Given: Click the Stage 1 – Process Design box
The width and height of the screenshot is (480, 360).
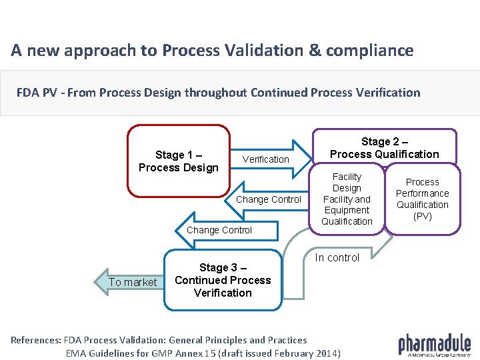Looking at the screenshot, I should pyautogui.click(x=178, y=161).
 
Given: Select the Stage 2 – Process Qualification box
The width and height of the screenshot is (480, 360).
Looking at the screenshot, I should pyautogui.click(x=385, y=147).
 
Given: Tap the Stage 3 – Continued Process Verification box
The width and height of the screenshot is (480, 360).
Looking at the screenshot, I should pyautogui.click(x=223, y=280).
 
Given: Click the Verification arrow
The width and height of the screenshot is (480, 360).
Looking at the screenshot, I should pyautogui.click(x=266, y=159).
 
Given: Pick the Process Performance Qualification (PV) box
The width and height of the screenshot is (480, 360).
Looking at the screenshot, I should pyautogui.click(x=423, y=199).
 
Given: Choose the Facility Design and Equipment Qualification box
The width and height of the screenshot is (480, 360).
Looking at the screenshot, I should pyautogui.click(x=347, y=199).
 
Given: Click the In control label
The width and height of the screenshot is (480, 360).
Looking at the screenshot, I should pyautogui.click(x=337, y=258).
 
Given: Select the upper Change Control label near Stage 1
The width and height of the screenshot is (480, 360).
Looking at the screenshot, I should pyautogui.click(x=269, y=199).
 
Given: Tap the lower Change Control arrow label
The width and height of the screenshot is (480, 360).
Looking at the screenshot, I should pyautogui.click(x=219, y=230).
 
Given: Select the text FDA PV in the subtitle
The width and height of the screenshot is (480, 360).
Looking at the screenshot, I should pyautogui.click(x=37, y=93).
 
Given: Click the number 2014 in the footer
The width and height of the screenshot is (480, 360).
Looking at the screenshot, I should pyautogui.click(x=325, y=353).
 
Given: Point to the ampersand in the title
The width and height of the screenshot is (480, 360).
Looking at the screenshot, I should pyautogui.click(x=301, y=51).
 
